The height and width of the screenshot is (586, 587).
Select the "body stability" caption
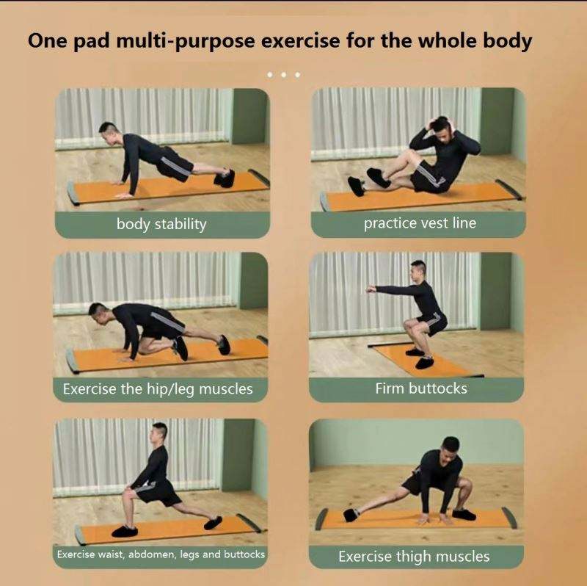tap(161, 224)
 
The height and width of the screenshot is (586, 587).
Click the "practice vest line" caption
tap(420, 223)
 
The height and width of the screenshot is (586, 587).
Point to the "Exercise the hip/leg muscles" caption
tap(158, 389)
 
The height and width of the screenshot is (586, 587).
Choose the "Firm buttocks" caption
tap(421, 388)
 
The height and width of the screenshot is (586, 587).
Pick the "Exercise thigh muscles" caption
tap(414, 557)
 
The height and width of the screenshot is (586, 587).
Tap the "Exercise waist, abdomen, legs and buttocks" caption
tap(161, 554)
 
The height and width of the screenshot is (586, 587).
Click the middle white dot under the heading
tap(283, 75)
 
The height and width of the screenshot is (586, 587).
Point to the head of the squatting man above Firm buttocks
tap(418, 270)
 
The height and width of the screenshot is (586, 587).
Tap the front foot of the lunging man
tap(124, 531)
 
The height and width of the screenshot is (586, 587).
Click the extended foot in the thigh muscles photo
tap(351, 515)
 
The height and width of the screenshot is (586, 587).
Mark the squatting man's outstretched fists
tap(371, 289)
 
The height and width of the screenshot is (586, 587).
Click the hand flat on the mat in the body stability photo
tap(124, 195)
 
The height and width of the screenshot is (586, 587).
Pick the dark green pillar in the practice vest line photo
tap(497, 120)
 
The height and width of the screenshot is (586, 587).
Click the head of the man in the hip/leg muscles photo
tap(98, 314)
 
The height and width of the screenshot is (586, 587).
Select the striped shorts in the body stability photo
tap(175, 164)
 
